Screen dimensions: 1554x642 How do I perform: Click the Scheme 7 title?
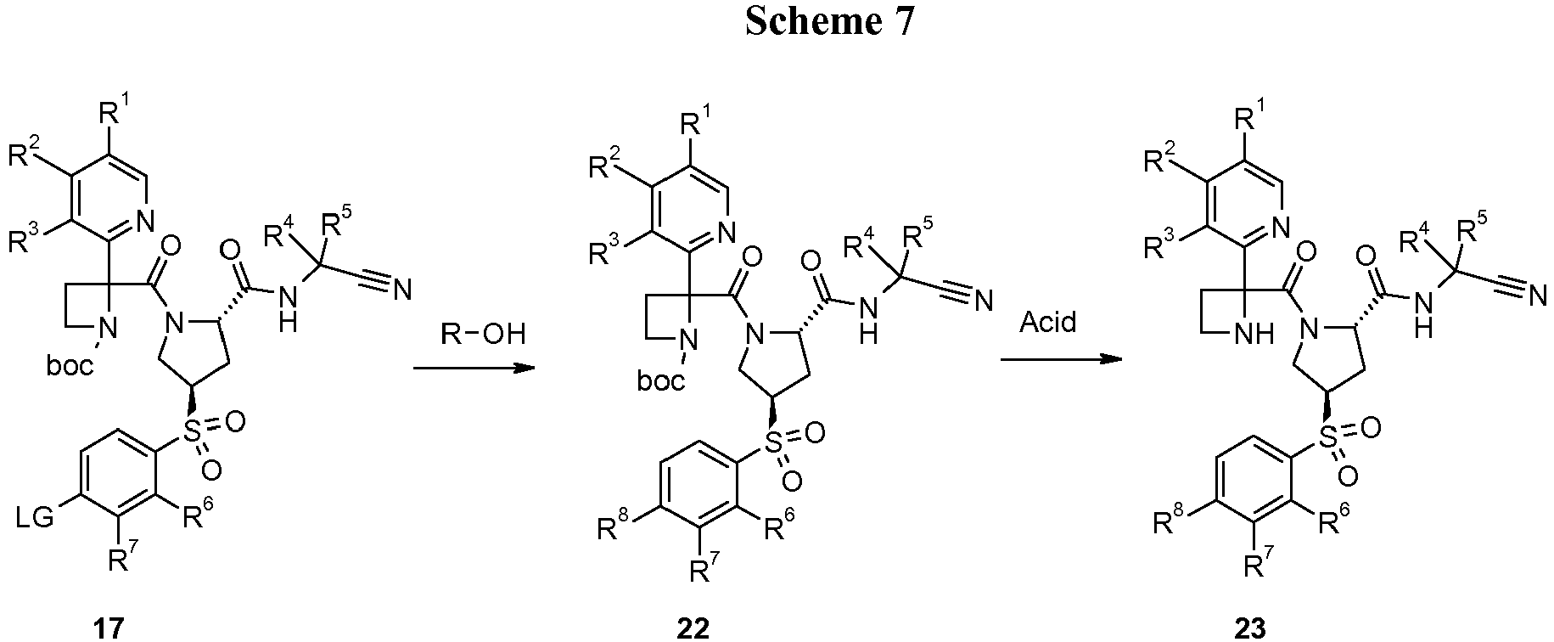pyautogui.click(x=830, y=21)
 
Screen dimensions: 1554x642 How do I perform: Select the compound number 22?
pyautogui.click(x=693, y=628)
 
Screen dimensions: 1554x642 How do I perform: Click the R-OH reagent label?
pyautogui.click(x=483, y=334)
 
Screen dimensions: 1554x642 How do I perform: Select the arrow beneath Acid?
pyautogui.click(x=1060, y=359)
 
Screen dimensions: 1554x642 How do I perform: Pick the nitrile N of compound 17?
pyautogui.click(x=401, y=291)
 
